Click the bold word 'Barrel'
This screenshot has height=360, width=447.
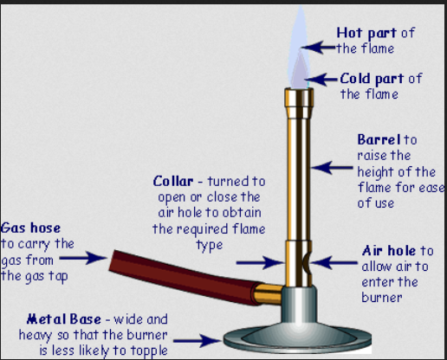pos(379,139)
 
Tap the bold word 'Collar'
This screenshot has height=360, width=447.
pos(173,182)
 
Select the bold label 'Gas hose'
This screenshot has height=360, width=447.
pos(30,228)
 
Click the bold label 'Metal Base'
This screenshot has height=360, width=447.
pos(64,319)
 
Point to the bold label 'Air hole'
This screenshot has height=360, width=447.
pos(389,251)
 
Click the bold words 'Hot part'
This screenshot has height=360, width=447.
pos(366,34)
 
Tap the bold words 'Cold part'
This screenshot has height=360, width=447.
pos(372,79)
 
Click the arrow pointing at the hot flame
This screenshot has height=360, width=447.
pos(319,48)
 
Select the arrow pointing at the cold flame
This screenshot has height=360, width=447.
pos(321,79)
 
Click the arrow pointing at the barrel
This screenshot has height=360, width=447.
pos(332,167)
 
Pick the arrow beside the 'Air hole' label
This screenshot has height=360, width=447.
pos(334,262)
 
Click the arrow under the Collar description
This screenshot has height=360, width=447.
pos(261,262)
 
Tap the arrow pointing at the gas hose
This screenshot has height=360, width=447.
pos(83,258)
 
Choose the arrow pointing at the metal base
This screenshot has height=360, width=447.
pos(198,341)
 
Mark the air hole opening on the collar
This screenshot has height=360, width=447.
pos(307,263)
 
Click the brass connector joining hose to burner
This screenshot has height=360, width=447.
pos(268,293)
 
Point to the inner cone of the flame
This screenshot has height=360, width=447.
pos(300,72)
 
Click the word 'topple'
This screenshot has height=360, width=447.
pos(149,350)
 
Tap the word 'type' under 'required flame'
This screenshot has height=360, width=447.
pos(210,246)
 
